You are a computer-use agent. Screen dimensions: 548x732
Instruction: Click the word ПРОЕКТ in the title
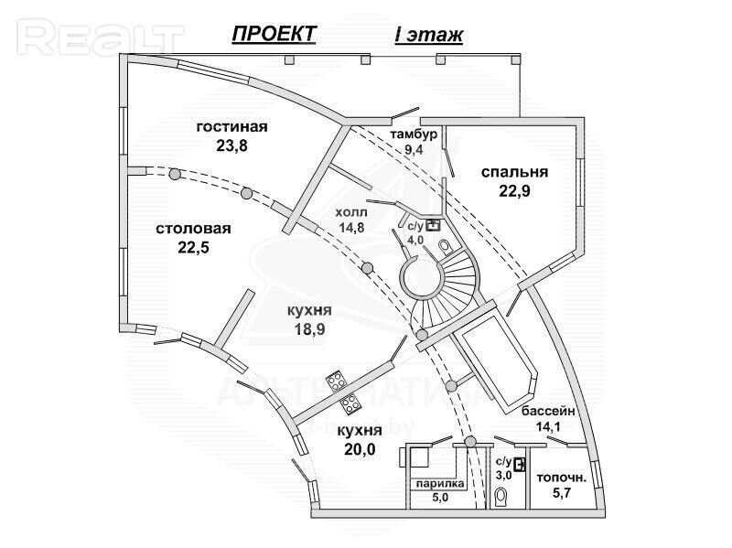click(274, 34)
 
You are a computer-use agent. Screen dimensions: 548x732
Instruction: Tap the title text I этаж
click(428, 36)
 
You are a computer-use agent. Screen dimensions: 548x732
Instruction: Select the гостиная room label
click(231, 126)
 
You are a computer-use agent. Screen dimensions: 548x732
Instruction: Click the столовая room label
click(193, 229)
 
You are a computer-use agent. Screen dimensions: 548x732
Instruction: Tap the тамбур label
click(414, 134)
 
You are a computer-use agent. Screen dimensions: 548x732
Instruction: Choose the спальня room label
click(515, 172)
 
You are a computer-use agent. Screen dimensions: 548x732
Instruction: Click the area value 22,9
click(515, 190)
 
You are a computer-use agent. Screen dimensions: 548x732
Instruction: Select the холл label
click(352, 210)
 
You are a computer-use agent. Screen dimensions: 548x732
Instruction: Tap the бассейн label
click(548, 411)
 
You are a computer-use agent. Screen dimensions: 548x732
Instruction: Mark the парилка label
click(440, 484)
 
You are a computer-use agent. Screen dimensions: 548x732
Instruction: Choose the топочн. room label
click(561, 477)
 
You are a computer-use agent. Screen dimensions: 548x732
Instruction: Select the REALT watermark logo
click(100, 36)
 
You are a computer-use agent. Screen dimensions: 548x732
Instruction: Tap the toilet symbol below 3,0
click(501, 498)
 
